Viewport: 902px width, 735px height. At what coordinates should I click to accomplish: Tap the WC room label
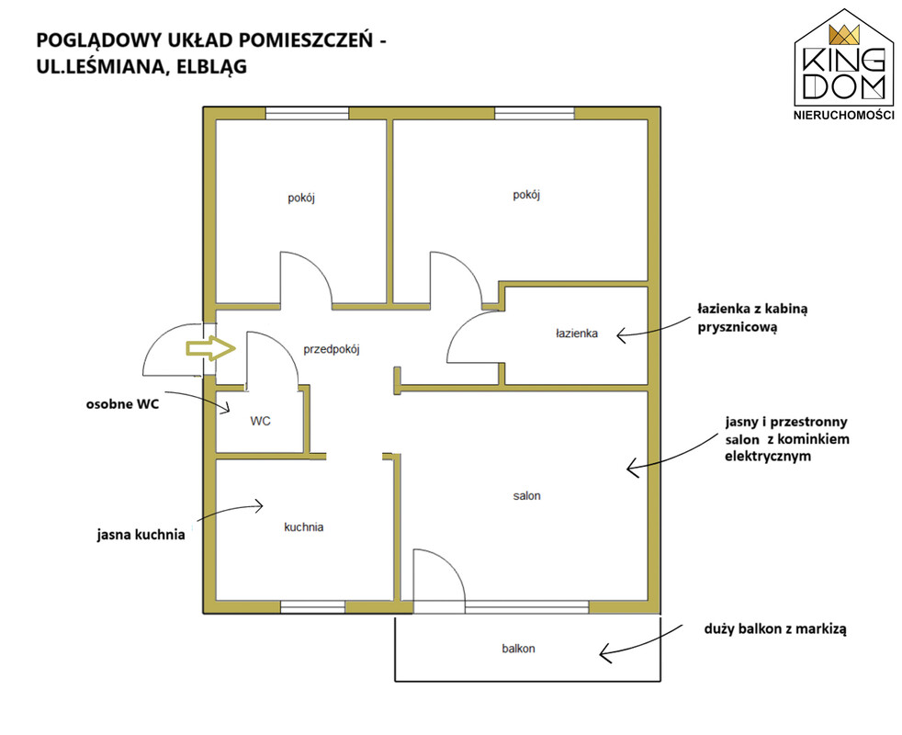click(x=260, y=422)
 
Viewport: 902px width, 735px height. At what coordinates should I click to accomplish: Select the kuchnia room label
click(x=303, y=527)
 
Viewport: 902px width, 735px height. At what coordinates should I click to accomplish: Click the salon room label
click(x=526, y=496)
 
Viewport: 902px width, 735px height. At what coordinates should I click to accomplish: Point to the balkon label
click(x=518, y=649)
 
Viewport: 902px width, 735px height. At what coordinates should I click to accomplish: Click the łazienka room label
click(x=577, y=334)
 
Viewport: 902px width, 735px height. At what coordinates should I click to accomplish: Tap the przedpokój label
click(x=332, y=349)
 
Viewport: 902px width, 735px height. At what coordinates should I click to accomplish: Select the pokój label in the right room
click(x=526, y=195)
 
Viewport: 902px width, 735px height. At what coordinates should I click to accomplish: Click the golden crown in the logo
click(x=843, y=35)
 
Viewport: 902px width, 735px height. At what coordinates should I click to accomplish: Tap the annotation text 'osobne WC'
click(x=118, y=403)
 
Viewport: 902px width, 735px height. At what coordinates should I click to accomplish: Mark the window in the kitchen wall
click(x=312, y=606)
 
